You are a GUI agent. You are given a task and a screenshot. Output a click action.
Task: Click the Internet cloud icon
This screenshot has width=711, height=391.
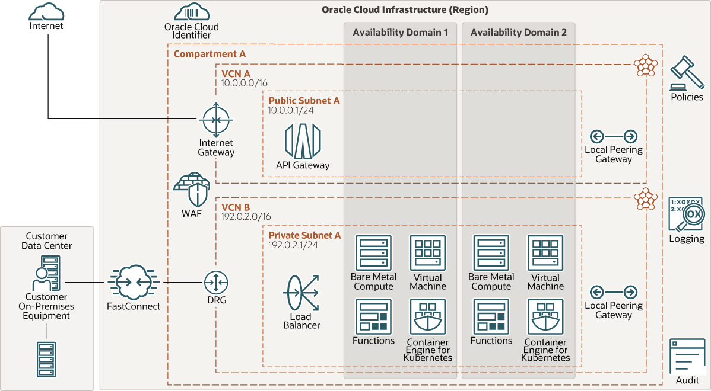coord(46,11)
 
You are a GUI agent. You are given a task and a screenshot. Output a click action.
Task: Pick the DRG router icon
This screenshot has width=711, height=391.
coord(216,283)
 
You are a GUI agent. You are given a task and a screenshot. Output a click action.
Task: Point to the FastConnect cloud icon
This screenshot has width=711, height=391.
coord(134,283)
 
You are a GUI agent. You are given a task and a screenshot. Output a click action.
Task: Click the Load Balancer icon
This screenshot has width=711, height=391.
coord(301,293)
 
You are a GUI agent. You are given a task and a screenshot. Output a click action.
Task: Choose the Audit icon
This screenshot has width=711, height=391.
coord(687,356)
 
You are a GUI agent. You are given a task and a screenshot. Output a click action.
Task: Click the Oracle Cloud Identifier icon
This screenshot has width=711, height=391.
coord(191,12)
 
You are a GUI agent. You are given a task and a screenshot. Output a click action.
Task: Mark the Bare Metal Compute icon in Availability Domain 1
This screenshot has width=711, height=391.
coord(373,253)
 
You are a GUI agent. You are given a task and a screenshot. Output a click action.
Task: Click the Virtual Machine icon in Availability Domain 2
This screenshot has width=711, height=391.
coord(545,253)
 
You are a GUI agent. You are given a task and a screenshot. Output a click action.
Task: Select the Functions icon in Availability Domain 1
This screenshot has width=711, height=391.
coord(373,316)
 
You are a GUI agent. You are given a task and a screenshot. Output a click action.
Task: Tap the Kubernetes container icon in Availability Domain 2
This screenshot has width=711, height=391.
coord(545,317)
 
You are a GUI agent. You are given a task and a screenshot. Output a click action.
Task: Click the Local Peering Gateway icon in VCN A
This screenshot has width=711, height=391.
coord(614,136)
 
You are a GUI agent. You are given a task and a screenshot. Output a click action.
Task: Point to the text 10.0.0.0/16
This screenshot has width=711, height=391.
coord(244,84)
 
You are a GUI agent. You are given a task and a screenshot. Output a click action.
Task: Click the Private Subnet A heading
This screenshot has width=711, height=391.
coord(305,235)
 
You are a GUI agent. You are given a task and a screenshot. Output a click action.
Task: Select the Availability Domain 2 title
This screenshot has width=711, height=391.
coord(519,33)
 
